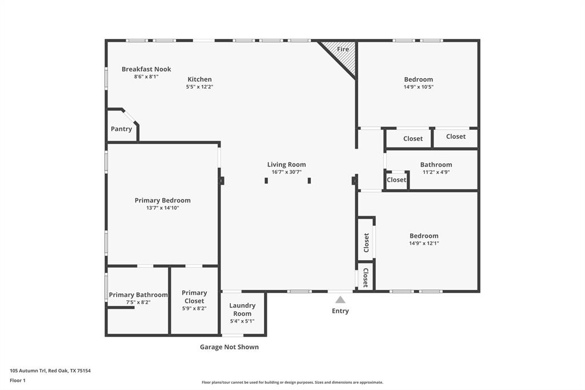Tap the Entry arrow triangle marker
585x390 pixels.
[x=340, y=300]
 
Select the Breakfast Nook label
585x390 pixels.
[x=146, y=69]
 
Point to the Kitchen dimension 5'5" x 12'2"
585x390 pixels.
[x=199, y=87]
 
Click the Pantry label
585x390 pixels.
[x=121, y=129]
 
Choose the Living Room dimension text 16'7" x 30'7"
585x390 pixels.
[x=286, y=172]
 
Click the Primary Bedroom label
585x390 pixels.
[x=162, y=200]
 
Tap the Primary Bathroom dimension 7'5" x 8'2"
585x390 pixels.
[x=138, y=303]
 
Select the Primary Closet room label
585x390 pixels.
[x=194, y=297]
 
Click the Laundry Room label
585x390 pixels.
[x=242, y=309]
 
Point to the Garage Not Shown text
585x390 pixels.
[x=229, y=347]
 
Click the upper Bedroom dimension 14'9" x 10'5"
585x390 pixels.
[x=418, y=87]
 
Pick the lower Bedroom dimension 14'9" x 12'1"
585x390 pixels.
[x=423, y=243]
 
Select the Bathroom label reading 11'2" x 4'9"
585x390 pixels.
[x=436, y=165]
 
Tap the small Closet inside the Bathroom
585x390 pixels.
[x=396, y=180]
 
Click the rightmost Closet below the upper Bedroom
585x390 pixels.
[x=455, y=137]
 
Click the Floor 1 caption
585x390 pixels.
[x=18, y=380]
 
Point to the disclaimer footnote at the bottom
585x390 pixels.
[x=292, y=383]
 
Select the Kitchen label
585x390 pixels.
[x=199, y=79]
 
